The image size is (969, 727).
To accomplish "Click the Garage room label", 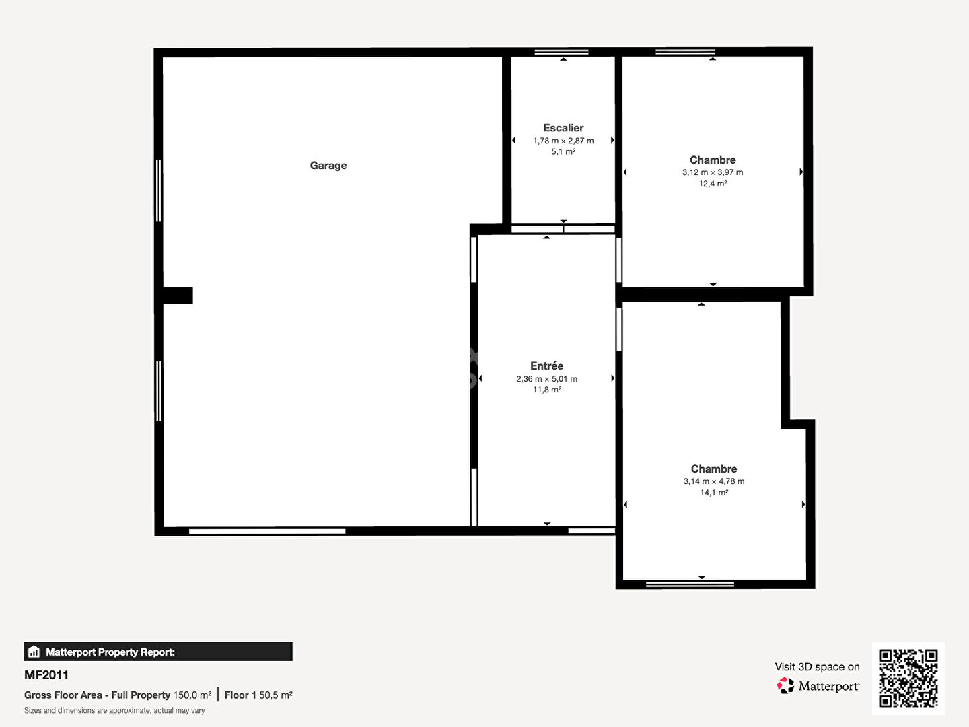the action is [328, 166].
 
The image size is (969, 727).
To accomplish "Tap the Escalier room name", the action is [563, 128].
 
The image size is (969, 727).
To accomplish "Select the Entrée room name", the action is [546, 366].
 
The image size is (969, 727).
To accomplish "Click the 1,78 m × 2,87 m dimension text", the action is [563, 141].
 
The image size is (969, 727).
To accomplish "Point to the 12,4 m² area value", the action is [713, 184].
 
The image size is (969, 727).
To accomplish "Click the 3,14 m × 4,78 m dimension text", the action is [713, 481].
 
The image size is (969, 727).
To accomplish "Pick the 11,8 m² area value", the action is [546, 390].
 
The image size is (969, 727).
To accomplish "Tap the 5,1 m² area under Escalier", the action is [563, 152].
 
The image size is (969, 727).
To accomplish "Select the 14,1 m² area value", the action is [713, 493].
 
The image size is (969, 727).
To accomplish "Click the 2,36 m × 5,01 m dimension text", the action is [546, 379].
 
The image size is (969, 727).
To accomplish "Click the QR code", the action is [908, 679].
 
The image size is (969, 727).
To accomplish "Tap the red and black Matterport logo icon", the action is [785, 685].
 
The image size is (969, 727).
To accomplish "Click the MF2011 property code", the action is [46, 675].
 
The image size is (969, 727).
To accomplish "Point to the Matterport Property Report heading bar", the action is [158, 652].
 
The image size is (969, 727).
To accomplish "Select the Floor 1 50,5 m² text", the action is [258, 695].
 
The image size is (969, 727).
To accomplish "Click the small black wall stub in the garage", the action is [178, 296].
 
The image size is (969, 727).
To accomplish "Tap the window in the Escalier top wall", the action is [561, 52].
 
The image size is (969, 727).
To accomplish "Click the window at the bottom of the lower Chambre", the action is [690, 584].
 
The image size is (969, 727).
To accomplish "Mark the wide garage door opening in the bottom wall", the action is [267, 531].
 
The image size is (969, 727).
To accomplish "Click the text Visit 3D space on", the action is [817, 667].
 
